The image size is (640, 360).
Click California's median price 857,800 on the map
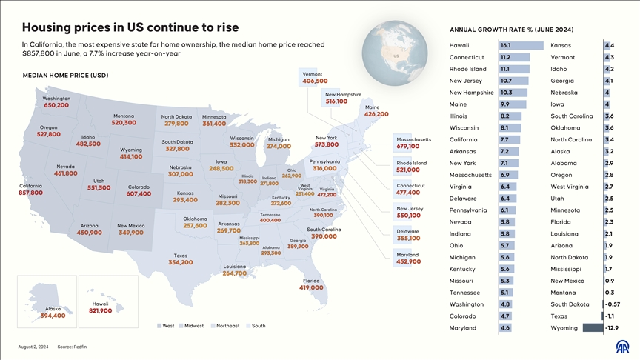[30, 193]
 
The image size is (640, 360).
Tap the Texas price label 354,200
[181, 262]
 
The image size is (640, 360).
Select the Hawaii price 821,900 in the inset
[100, 310]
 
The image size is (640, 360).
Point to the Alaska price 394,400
[53, 316]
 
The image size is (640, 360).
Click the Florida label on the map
[311, 281]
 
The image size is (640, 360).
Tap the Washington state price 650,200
[56, 105]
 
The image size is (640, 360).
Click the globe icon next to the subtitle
[396, 56]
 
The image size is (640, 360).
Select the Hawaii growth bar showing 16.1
[521, 45]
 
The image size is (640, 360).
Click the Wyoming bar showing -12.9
[593, 327]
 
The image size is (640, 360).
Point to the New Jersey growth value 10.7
[506, 81]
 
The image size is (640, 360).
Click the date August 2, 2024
[33, 347]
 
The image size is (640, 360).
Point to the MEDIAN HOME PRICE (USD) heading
[65, 76]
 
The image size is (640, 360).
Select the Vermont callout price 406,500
[316, 81]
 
